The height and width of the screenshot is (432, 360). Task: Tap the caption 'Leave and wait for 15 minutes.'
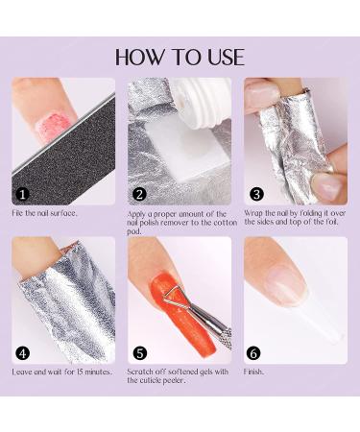[x=62, y=371]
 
